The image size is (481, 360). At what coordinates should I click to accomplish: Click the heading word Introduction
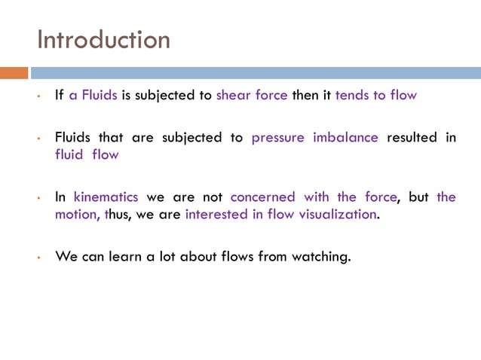[x=103, y=39]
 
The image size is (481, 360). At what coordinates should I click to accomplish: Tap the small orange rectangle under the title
[x=14, y=73]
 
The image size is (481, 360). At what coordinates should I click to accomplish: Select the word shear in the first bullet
[x=232, y=96]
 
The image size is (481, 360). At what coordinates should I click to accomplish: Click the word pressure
[x=279, y=138]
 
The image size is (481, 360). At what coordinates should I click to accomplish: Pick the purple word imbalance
[x=345, y=138]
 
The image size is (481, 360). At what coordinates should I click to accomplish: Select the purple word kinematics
[x=106, y=197]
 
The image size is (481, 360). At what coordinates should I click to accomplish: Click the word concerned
[x=264, y=197]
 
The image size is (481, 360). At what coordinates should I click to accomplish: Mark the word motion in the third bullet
[x=76, y=214]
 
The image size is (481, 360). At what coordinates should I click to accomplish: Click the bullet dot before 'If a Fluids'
[x=38, y=97]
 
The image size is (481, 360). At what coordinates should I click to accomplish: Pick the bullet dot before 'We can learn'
[x=38, y=258]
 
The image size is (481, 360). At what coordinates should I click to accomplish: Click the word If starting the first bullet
[x=60, y=96]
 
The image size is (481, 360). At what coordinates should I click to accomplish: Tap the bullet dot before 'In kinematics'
[x=38, y=199]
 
